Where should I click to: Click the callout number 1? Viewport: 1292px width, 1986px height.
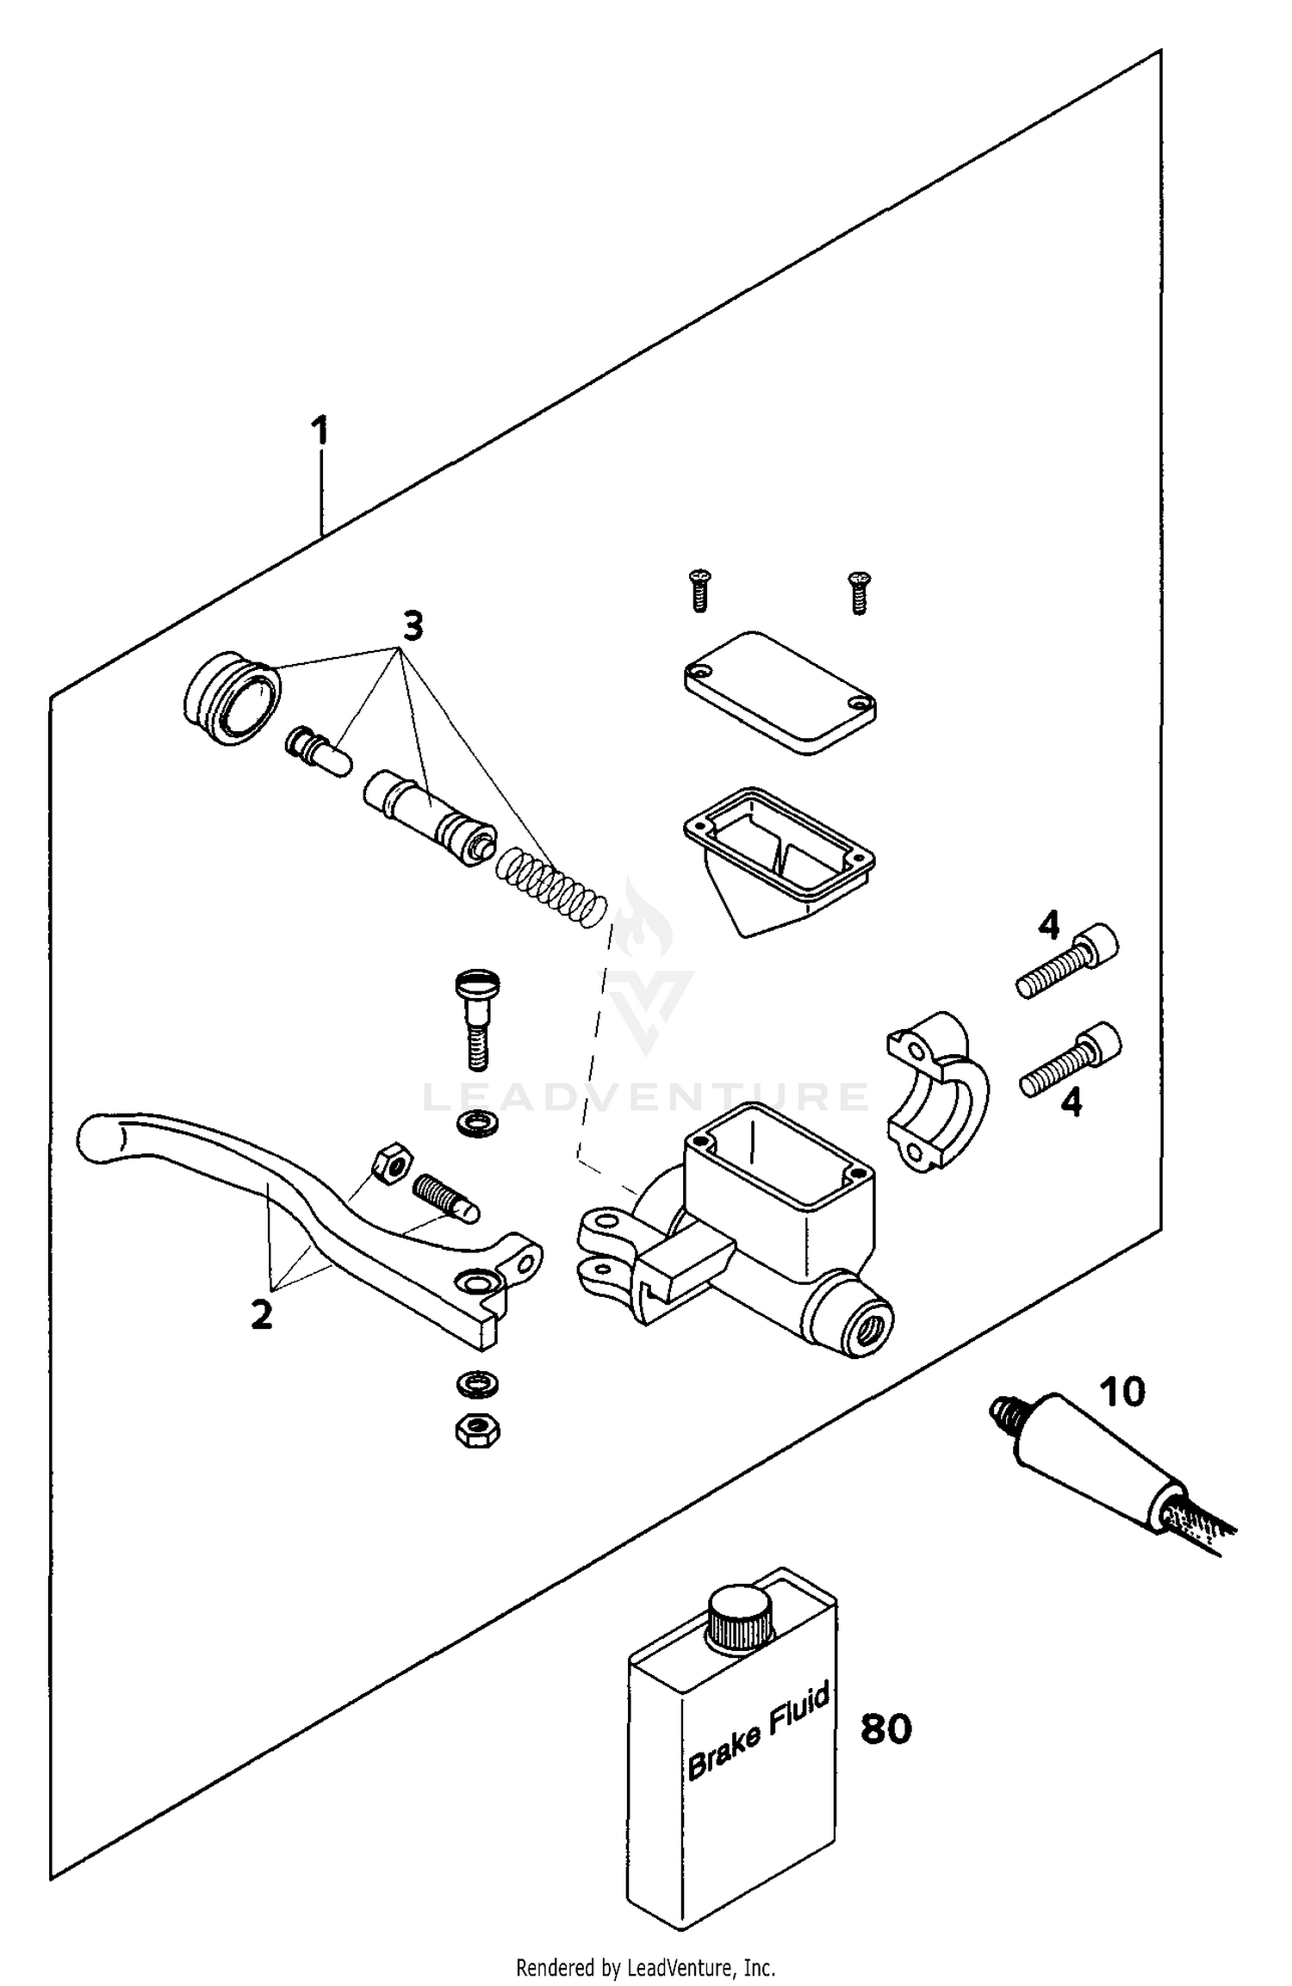click(320, 431)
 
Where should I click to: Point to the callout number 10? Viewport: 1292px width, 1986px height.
click(1123, 1392)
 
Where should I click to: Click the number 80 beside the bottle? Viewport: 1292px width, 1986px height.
click(885, 1728)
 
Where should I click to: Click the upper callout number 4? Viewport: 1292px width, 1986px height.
click(1048, 926)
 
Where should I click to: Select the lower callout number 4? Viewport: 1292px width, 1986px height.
click(1071, 1102)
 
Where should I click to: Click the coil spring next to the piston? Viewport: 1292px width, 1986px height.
click(551, 887)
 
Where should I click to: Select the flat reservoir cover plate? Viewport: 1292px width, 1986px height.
click(780, 693)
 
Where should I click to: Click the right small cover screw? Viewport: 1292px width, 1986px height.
click(859, 592)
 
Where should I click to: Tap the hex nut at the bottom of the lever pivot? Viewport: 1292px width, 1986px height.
click(477, 1431)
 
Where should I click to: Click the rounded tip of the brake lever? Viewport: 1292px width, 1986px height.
click(99, 1139)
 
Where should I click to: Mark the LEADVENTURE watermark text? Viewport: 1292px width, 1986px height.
click(646, 1096)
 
